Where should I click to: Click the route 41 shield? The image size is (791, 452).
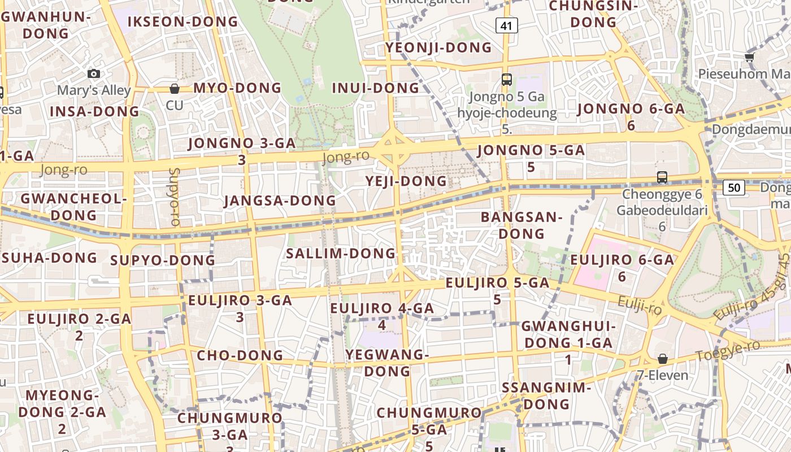(x=507, y=25)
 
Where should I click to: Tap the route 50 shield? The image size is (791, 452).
(x=733, y=188)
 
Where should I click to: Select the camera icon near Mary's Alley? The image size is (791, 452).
(x=94, y=74)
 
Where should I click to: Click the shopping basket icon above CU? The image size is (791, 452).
(x=175, y=89)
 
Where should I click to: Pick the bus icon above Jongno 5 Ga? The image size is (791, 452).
(x=506, y=80)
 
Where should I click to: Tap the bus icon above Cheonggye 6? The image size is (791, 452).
(x=662, y=177)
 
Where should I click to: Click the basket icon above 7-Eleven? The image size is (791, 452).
(x=663, y=359)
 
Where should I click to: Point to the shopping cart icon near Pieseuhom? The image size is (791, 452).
(x=750, y=57)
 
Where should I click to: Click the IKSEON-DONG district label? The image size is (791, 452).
(x=183, y=22)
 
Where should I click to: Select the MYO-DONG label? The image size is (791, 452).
(x=237, y=88)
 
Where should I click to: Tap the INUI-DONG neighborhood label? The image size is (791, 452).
(x=376, y=88)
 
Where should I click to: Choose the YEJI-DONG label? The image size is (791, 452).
(x=406, y=181)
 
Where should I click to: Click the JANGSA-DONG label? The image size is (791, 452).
(x=280, y=201)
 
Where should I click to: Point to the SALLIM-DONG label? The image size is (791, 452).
(x=341, y=254)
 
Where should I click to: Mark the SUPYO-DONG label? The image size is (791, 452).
(x=163, y=260)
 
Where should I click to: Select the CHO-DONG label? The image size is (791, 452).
(x=240, y=356)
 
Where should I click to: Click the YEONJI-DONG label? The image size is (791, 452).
(x=439, y=48)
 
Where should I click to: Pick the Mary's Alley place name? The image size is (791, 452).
(x=94, y=90)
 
